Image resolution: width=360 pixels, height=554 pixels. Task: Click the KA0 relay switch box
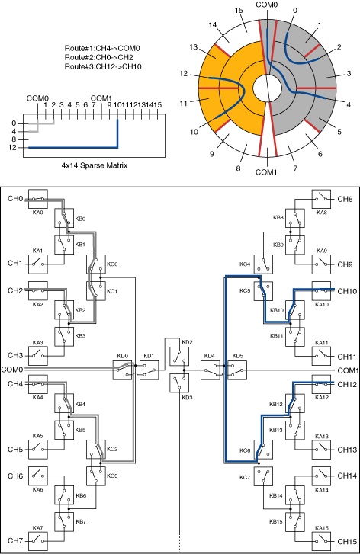[38, 199]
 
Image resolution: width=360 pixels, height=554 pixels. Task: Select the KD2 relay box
[179, 356]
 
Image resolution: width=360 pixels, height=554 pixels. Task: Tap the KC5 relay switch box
[263, 291]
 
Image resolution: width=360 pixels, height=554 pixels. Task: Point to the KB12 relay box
[295, 403]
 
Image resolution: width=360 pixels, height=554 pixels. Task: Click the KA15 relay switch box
[321, 541]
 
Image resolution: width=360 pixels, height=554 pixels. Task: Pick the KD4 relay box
[211, 370]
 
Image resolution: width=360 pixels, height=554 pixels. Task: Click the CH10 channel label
[347, 291]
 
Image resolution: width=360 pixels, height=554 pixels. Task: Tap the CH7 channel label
[15, 541]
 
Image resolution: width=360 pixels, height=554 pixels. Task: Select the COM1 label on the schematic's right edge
[349, 370]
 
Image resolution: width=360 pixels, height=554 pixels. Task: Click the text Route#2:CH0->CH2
[98, 57]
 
